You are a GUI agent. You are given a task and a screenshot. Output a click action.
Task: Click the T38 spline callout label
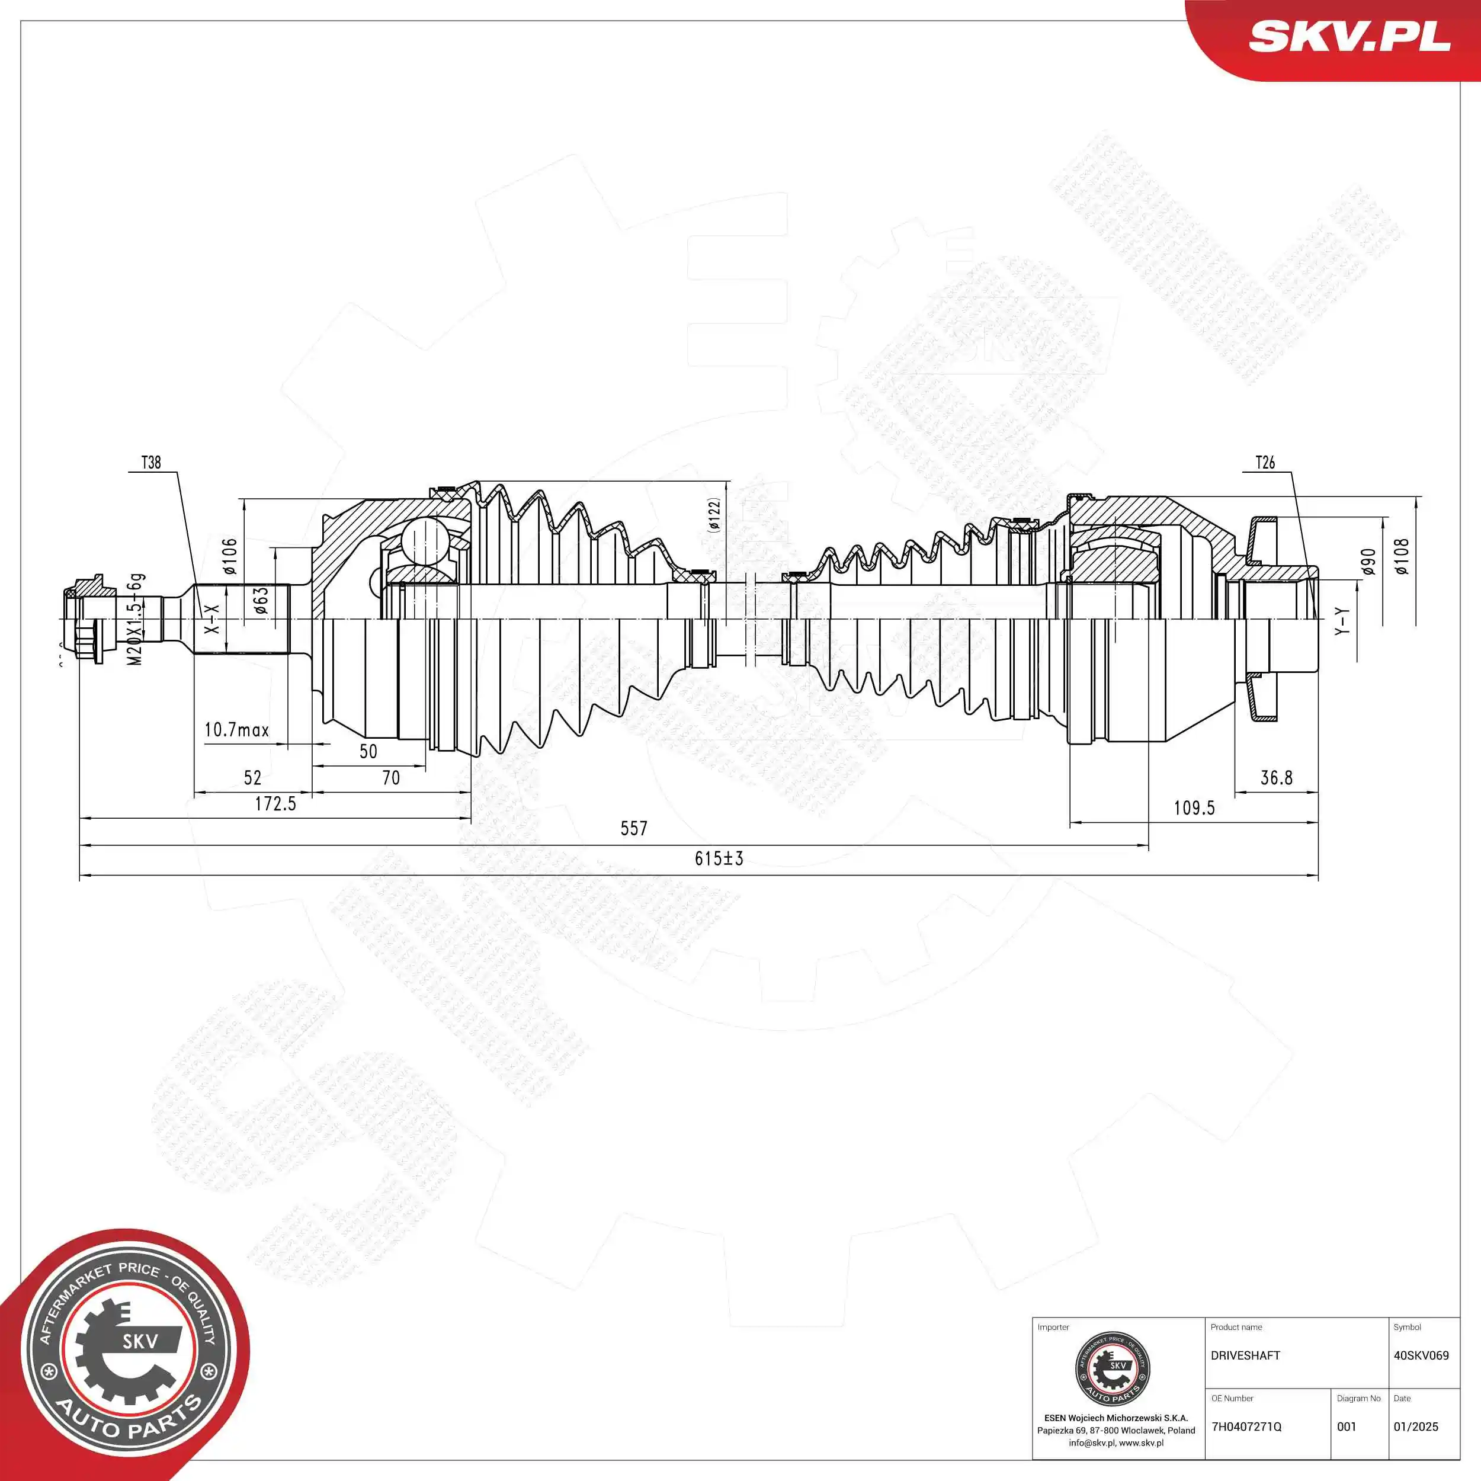[151, 462]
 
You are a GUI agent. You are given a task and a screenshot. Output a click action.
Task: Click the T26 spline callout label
[1265, 462]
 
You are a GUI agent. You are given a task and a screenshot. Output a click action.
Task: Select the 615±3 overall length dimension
[718, 858]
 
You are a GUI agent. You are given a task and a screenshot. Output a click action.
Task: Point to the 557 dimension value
[633, 829]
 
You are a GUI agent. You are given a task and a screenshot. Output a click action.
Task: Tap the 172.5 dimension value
[275, 803]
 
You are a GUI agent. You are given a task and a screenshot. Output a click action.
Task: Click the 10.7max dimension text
[236, 730]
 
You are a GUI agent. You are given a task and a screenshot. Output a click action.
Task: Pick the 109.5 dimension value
[1194, 808]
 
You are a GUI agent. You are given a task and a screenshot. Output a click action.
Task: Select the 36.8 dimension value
[1277, 778]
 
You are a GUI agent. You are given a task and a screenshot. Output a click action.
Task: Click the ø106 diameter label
[230, 556]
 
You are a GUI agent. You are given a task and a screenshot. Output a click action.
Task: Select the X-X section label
[211, 618]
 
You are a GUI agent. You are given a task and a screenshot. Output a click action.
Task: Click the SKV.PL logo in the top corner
[1349, 36]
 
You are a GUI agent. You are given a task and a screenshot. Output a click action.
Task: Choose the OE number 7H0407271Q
[1246, 1426]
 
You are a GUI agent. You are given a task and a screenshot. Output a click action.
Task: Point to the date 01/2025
[1415, 1426]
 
